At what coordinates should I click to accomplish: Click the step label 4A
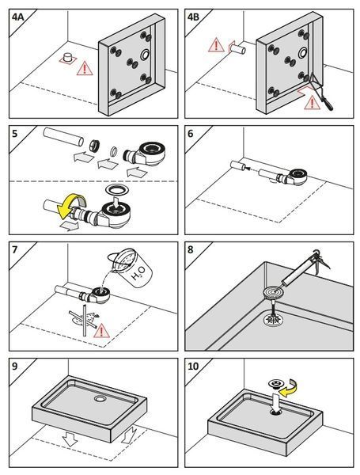[x=17, y=17]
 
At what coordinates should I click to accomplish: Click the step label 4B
[x=193, y=17]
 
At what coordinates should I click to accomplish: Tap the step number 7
[x=14, y=250]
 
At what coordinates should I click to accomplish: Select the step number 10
[x=193, y=367]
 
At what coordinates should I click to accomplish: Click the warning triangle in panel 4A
[x=85, y=69]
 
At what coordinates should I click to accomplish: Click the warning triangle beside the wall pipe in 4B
[x=216, y=45]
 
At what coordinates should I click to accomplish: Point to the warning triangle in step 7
[x=101, y=331]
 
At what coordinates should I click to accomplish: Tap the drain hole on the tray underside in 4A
[x=145, y=55]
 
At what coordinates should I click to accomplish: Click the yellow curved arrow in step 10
[x=289, y=389]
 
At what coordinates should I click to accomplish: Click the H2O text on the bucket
[x=138, y=272]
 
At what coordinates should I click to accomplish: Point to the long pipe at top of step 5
[x=63, y=137]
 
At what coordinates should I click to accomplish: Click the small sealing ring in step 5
[x=114, y=150]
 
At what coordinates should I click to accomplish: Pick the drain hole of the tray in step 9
[x=99, y=399]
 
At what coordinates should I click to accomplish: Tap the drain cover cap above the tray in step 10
[x=275, y=384]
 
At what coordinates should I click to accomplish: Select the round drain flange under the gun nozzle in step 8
[x=273, y=293]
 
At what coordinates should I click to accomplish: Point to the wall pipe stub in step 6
[x=238, y=165]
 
